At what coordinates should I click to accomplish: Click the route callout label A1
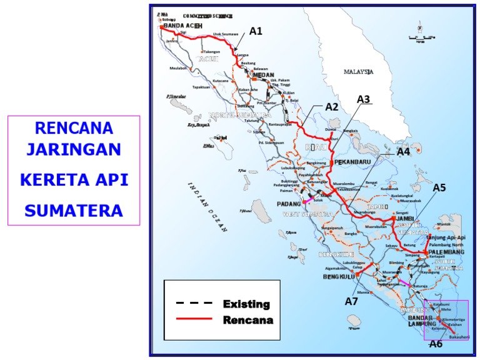click(256, 31)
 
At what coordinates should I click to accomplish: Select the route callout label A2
click(332, 107)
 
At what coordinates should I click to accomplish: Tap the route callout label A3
click(364, 99)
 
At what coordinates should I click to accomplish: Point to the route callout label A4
click(404, 151)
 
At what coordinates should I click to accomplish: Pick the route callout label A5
click(439, 187)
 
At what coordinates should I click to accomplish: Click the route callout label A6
click(436, 343)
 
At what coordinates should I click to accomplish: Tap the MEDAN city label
click(264, 75)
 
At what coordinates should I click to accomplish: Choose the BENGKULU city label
click(339, 276)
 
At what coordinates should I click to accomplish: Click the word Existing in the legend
click(246, 304)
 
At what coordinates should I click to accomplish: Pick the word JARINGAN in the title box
click(74, 151)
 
